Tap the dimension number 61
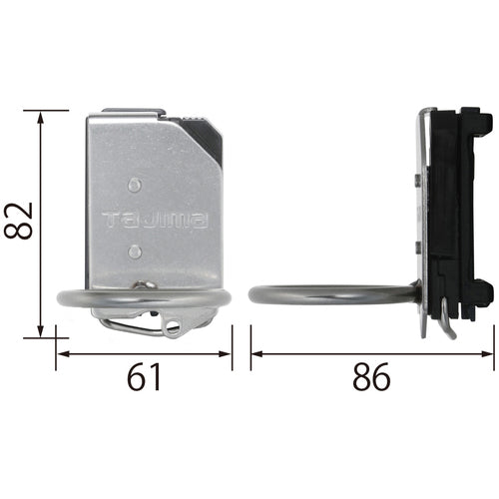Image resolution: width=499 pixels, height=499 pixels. [144, 377]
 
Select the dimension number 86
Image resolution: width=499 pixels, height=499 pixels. [370, 377]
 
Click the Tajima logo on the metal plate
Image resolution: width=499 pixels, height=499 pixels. [155, 221]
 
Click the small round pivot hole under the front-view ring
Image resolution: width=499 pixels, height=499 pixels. [174, 323]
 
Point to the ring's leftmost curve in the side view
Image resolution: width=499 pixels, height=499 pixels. [251, 296]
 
